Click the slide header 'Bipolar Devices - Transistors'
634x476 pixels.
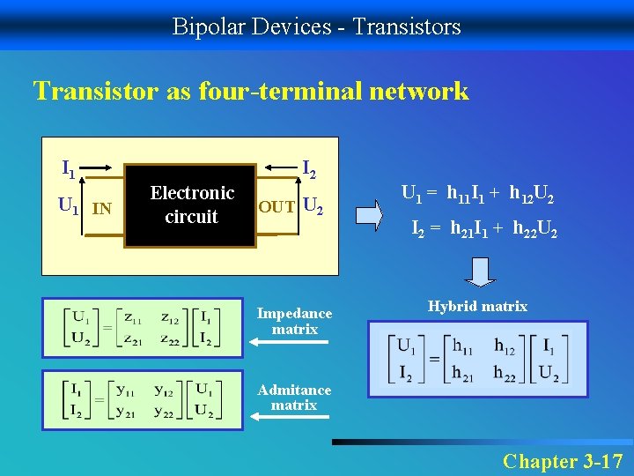coord(316,26)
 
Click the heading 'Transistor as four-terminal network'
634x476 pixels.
coord(251,91)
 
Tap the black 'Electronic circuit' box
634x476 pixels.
coord(191,205)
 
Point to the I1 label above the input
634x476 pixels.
coord(68,166)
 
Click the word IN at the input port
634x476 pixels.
coord(102,209)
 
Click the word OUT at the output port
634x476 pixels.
coord(276,208)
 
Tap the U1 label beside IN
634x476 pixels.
coord(68,206)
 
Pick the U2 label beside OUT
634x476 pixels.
coord(313,207)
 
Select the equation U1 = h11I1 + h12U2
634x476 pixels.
coord(476,192)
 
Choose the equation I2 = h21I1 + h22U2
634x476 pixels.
coord(485,230)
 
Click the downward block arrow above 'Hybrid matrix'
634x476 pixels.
coord(480,272)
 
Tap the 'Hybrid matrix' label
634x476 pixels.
coord(477,306)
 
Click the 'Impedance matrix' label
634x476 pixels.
coord(294,321)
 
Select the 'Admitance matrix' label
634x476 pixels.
coord(294,398)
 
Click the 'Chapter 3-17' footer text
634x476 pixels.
coord(562,461)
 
